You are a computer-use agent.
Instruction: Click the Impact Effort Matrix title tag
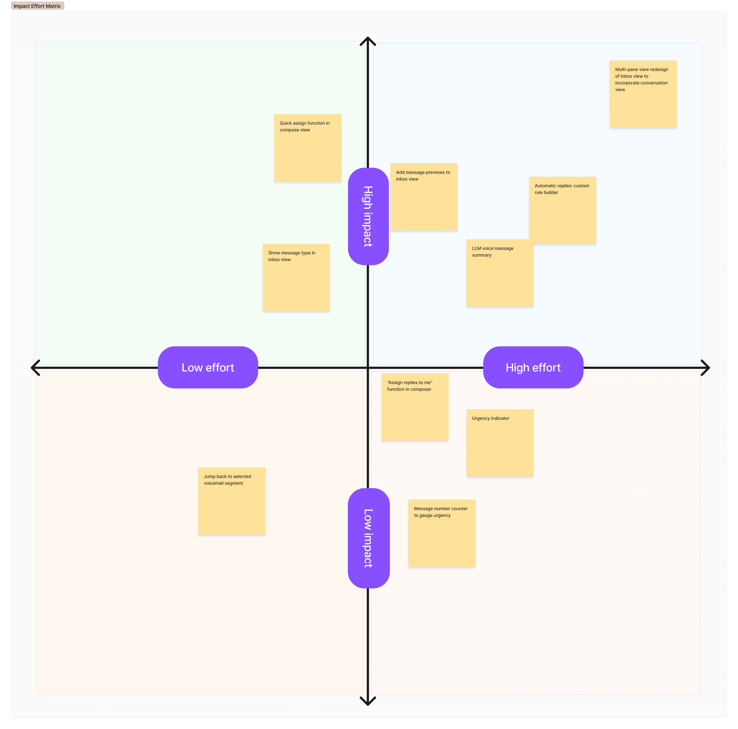[37, 6]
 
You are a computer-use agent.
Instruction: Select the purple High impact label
[368, 216]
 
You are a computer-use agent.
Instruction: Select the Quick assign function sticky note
[307, 147]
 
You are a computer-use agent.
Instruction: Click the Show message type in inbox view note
[296, 277]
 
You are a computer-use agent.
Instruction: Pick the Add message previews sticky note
[424, 197]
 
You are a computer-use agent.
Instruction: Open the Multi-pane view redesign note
[643, 94]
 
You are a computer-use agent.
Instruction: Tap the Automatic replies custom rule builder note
[562, 210]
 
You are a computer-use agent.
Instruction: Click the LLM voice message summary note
[500, 273]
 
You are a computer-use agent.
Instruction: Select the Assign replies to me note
[415, 407]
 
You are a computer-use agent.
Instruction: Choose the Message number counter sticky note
[442, 533]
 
